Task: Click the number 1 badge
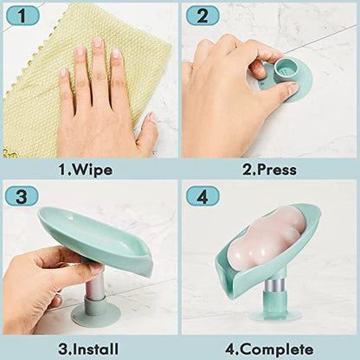tap(22, 16)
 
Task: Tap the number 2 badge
tap(202, 16)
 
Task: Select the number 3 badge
tap(22, 196)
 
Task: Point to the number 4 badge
tap(202, 196)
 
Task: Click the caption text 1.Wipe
tap(86, 170)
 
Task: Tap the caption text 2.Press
tap(269, 170)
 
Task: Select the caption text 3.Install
tap(88, 349)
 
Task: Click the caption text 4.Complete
tap(269, 350)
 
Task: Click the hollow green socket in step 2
tap(285, 69)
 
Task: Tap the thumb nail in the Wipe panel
tap(152, 118)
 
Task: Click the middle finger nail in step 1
tap(98, 42)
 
